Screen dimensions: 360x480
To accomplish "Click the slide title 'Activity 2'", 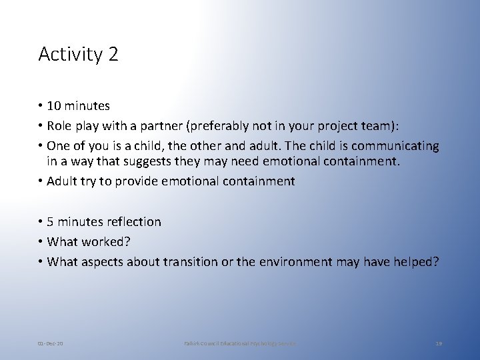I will [78, 54].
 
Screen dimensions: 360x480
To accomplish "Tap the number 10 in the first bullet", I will [54, 106].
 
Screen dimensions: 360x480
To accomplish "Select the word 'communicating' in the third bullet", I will [395, 146].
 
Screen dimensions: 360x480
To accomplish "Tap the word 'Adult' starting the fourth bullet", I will [62, 181].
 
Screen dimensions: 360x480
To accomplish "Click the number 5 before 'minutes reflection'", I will [51, 222].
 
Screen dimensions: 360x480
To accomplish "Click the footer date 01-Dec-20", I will [51, 343].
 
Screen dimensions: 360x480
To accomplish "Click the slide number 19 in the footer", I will [438, 343].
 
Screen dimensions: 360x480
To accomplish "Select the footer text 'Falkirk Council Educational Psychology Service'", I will [239, 343].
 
